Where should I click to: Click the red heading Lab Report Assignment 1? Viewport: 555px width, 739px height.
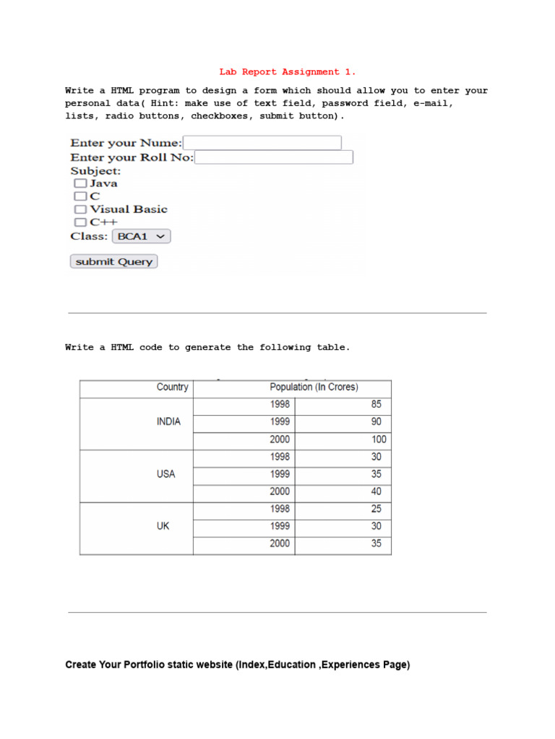click(288, 72)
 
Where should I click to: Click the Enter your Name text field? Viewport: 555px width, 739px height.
click(262, 143)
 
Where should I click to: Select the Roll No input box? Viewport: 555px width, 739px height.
click(274, 157)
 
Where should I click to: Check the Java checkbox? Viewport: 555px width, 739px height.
click(80, 183)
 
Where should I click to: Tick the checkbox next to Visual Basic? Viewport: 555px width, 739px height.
click(80, 209)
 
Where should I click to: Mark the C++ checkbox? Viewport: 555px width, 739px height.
click(80, 222)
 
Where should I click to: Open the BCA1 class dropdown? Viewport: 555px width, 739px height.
click(142, 236)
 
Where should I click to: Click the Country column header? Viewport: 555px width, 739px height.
click(172, 388)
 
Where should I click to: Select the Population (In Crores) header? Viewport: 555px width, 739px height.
click(314, 388)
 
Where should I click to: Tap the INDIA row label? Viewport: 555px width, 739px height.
click(168, 422)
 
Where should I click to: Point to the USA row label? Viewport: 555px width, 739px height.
click(165, 474)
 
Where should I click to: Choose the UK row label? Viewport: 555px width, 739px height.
click(163, 526)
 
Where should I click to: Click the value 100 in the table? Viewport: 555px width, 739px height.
click(379, 440)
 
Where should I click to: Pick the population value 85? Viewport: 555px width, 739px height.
click(376, 405)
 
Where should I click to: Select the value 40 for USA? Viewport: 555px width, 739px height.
click(376, 491)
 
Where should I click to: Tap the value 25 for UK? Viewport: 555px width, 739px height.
click(376, 509)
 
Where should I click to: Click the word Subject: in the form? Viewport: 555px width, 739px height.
click(95, 171)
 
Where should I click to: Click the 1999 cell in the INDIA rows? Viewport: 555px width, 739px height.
click(280, 422)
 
